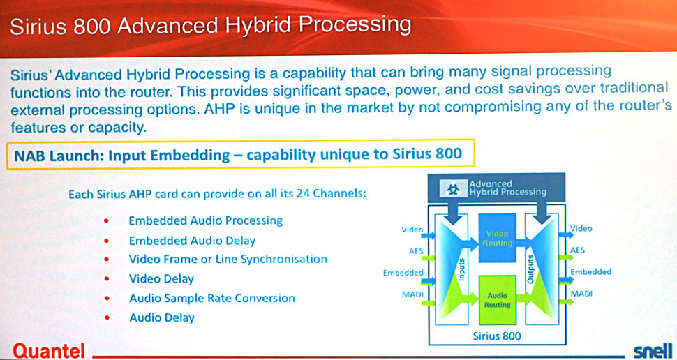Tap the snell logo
pos(653,350)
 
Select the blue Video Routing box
pos(497,239)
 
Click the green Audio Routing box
pos(497,301)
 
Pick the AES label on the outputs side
pos(577,250)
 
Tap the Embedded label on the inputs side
pos(403,273)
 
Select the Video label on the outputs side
pos(581,228)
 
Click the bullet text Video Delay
pos(161,279)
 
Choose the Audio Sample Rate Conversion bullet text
pos(212,299)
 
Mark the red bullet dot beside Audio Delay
pos(106,318)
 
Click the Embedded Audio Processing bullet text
pos(206,221)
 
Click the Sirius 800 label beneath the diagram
pos(497,336)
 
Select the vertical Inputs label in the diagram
pos(461,270)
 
